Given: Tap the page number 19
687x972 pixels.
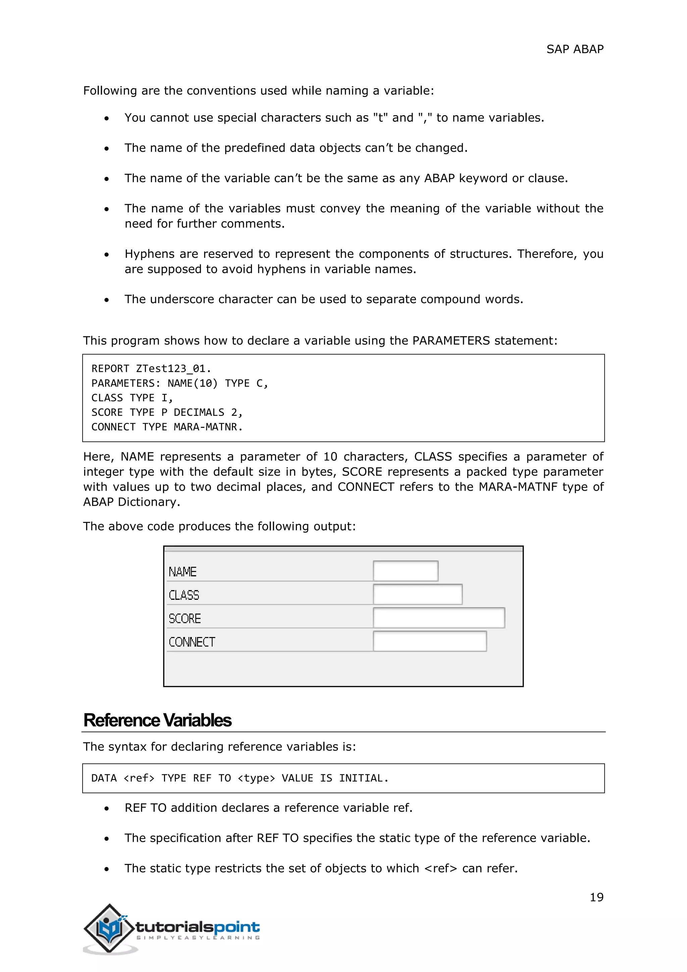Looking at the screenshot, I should click(596, 897).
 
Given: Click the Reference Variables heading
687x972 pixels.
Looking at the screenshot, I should click(157, 721).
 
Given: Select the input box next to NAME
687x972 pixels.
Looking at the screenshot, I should click(405, 571).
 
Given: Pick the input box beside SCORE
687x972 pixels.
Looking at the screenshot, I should click(439, 618).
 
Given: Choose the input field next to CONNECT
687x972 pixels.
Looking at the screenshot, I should click(429, 641).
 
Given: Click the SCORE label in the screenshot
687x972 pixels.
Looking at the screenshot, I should click(184, 619).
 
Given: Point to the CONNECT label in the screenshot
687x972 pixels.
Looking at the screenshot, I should click(192, 642).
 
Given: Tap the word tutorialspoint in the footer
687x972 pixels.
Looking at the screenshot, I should click(198, 927).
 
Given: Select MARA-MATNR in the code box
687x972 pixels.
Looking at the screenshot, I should click(208, 427).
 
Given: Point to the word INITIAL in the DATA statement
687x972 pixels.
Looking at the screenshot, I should click(363, 778).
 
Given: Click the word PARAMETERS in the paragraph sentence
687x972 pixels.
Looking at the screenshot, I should click(451, 340).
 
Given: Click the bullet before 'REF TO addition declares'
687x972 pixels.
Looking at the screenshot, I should click(107, 809).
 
